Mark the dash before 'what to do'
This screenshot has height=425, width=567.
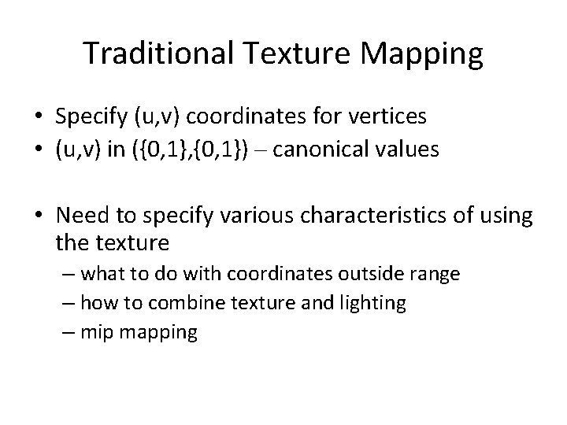click(x=69, y=275)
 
